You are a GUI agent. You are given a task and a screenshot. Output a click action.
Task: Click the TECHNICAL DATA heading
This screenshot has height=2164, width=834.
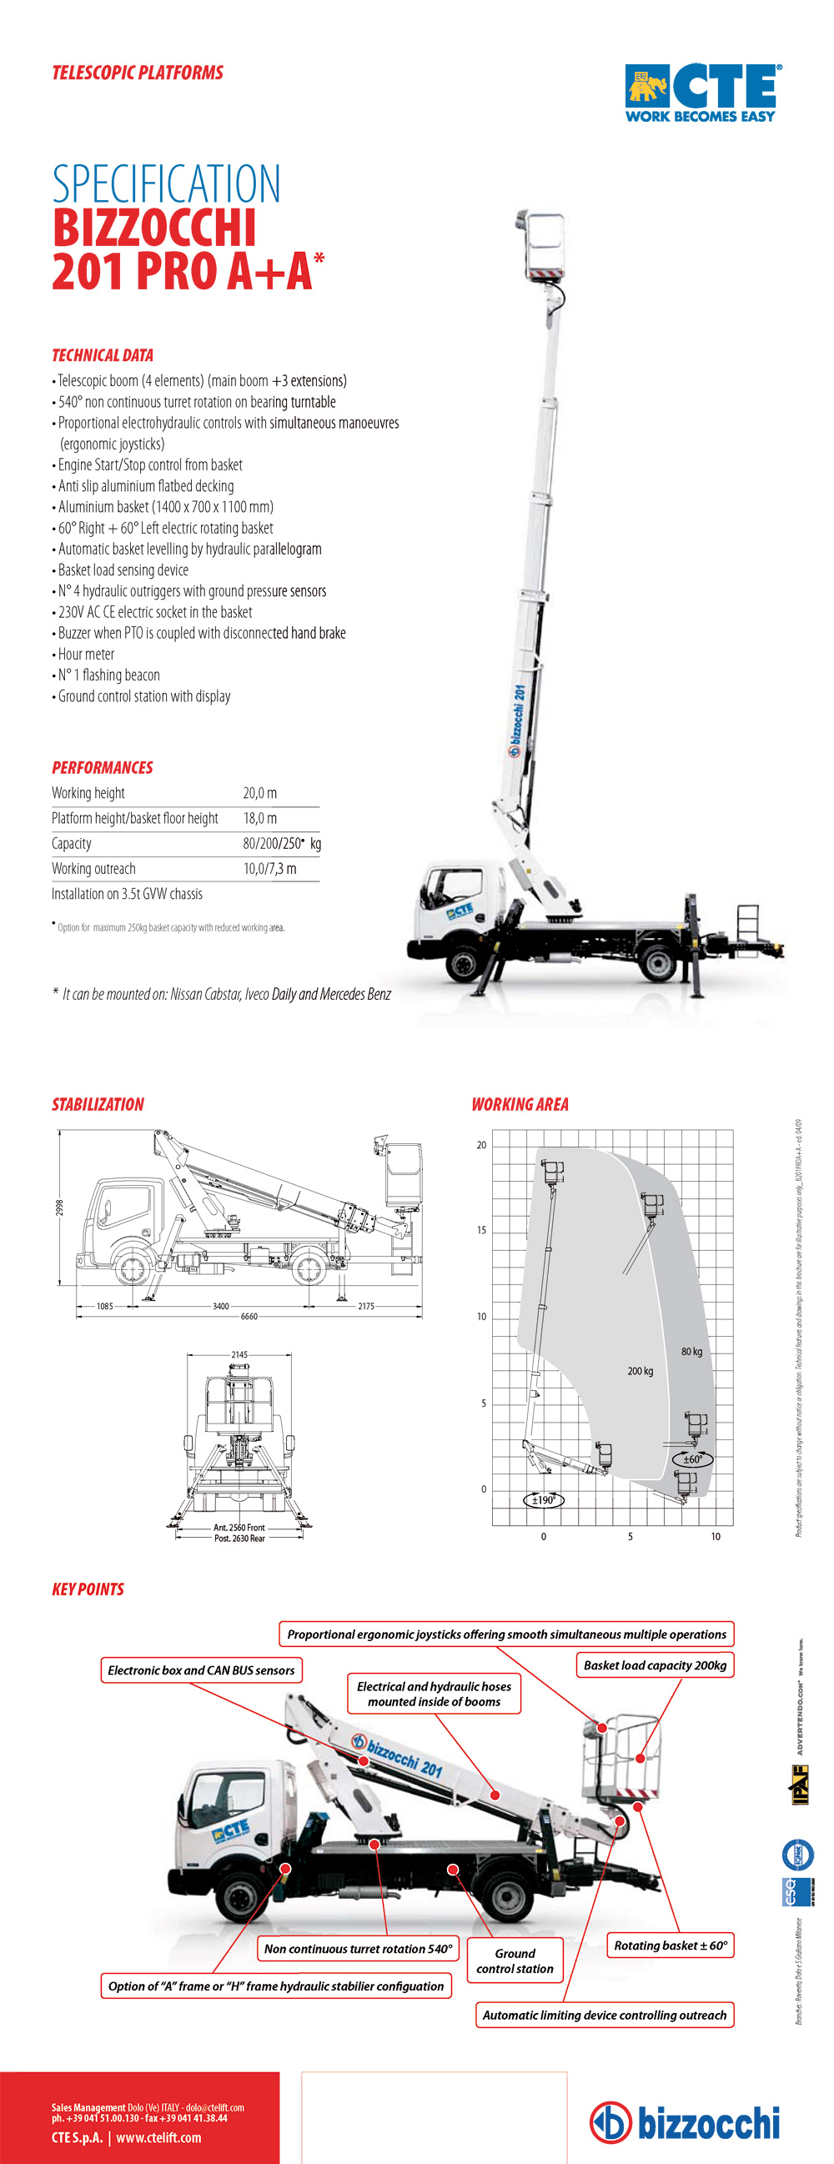tap(103, 355)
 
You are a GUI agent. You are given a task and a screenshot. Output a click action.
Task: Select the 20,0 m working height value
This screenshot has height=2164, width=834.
tap(259, 793)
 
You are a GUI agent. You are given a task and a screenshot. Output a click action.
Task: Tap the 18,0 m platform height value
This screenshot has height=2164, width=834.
tap(259, 818)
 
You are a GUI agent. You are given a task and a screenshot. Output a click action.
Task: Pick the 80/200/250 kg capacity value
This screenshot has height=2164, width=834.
tap(281, 843)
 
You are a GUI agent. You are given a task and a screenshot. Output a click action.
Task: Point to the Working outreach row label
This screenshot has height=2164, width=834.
tap(93, 869)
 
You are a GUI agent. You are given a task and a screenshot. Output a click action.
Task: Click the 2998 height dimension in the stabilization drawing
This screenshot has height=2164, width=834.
tap(60, 1208)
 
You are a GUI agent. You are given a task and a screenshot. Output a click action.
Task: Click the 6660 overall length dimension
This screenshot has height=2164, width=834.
tap(249, 1317)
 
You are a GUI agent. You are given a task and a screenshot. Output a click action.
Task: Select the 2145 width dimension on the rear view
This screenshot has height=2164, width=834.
tap(239, 1354)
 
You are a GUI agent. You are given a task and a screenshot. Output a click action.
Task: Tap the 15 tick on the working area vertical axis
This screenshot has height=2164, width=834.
tap(481, 1230)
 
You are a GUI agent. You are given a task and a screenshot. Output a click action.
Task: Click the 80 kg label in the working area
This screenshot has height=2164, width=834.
tap(691, 1352)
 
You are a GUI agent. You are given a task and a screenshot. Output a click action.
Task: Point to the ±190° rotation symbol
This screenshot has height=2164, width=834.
tap(545, 1499)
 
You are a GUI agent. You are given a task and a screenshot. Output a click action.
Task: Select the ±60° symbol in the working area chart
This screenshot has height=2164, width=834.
tap(692, 1459)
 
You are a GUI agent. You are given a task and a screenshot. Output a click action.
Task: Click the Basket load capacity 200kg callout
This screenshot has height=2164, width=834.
tap(655, 1665)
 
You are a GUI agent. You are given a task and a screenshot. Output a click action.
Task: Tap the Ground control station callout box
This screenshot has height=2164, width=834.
tap(515, 1961)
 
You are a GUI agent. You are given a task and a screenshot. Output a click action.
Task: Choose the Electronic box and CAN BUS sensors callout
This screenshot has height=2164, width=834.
tap(201, 1670)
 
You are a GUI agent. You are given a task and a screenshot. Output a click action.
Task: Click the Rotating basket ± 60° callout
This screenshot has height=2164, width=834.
tap(671, 1946)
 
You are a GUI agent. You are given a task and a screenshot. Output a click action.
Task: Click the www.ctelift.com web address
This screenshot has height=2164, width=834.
tap(158, 2138)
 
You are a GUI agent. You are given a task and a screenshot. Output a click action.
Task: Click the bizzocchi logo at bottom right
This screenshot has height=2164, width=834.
tap(685, 2123)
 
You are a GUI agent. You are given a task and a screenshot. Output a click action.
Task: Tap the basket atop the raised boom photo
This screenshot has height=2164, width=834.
tap(544, 244)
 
